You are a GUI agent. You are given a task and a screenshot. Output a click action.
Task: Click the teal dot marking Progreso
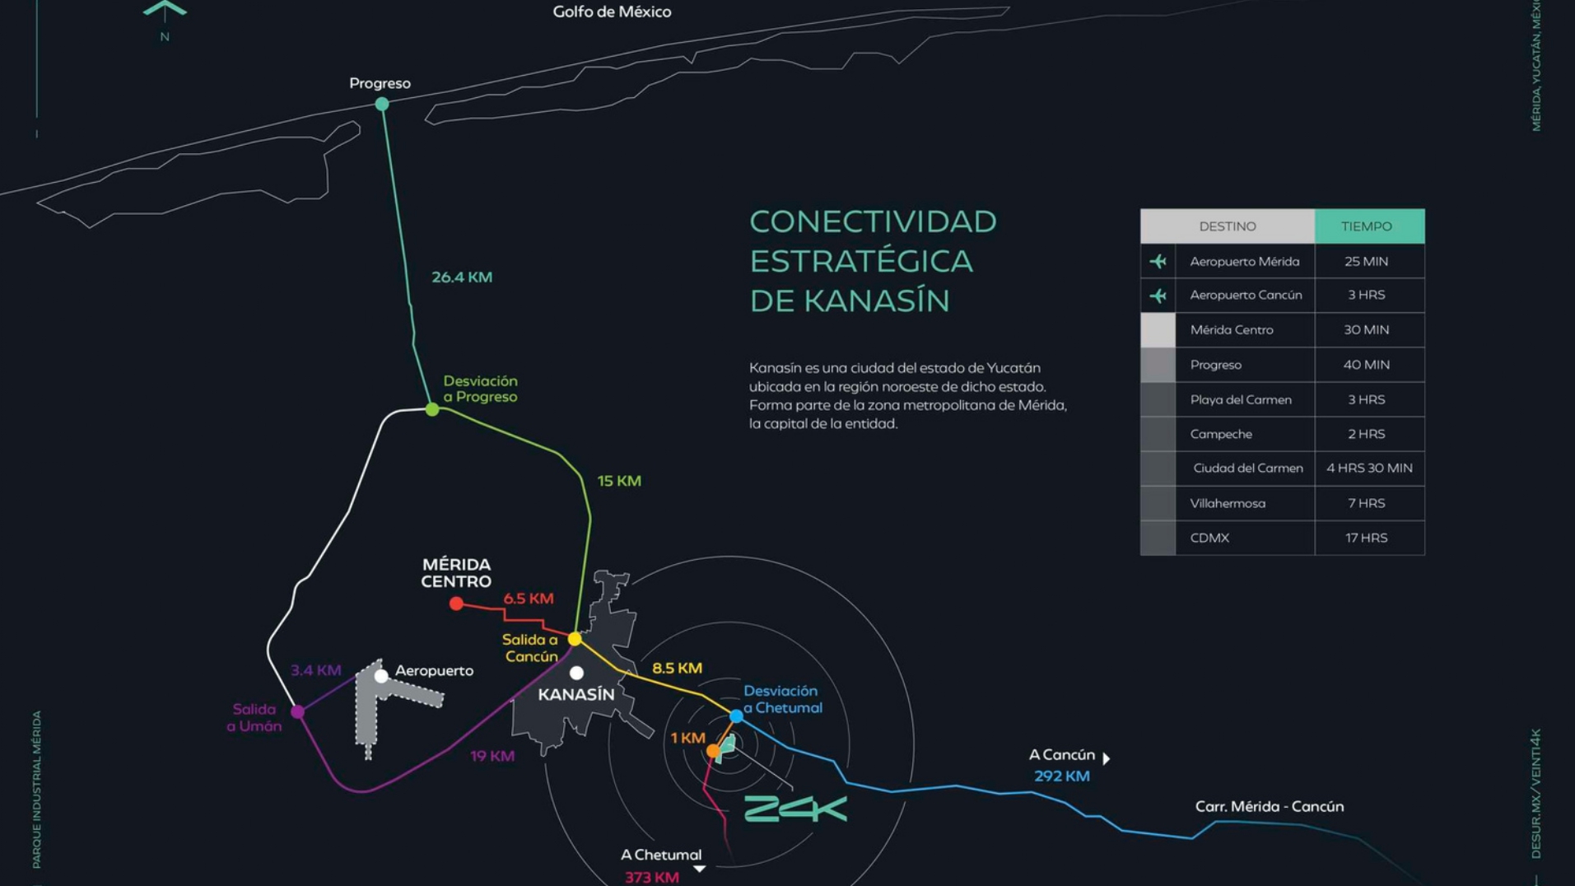click(382, 104)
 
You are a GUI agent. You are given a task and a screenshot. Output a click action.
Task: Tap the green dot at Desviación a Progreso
click(432, 409)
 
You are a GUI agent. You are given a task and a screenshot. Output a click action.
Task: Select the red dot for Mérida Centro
click(456, 604)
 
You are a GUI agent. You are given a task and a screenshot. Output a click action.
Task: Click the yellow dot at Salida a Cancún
click(575, 639)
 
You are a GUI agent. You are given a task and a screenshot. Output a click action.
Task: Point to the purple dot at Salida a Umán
click(298, 711)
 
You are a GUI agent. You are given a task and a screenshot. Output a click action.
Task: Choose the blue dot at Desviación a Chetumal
click(737, 716)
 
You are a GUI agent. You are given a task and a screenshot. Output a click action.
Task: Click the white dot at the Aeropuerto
click(381, 676)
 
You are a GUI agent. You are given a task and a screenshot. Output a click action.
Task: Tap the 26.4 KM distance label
click(462, 277)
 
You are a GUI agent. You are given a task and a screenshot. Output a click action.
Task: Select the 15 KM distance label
click(619, 481)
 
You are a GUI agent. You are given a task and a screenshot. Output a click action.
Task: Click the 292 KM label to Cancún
click(1062, 776)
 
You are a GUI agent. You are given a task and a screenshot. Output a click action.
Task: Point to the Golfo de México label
click(612, 12)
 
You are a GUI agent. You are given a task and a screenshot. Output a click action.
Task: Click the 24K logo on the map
click(795, 809)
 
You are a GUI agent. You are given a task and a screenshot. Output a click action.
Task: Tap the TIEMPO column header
click(1367, 226)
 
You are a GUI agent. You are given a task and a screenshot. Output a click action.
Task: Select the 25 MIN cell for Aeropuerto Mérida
click(1367, 262)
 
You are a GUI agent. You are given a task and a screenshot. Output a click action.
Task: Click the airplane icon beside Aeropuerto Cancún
click(1158, 296)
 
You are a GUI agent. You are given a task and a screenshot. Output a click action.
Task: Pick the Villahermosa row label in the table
click(1228, 503)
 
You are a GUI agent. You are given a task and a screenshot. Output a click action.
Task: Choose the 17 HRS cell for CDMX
click(1367, 538)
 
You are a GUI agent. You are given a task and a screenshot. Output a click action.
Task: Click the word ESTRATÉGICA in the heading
click(861, 261)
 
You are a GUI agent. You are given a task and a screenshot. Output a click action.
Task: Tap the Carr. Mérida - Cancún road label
click(1270, 807)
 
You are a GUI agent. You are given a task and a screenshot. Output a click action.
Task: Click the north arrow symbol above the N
click(165, 10)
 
